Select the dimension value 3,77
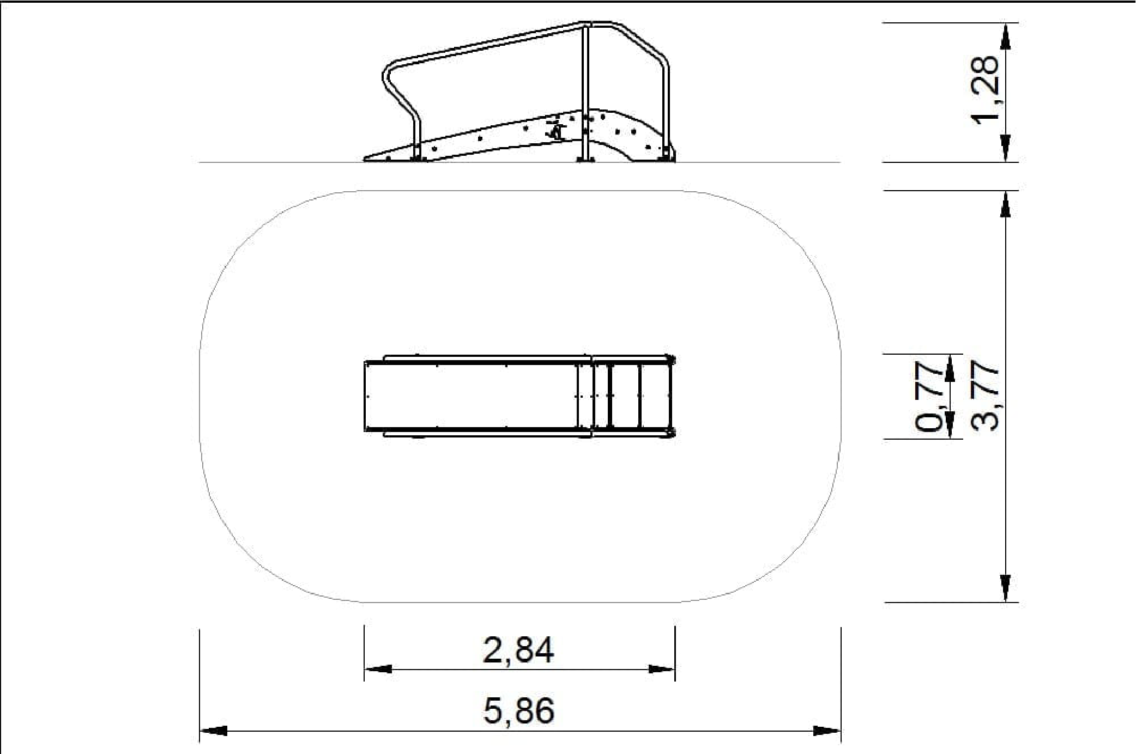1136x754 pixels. click(986, 397)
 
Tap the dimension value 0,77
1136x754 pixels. click(929, 397)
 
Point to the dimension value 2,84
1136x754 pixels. click(518, 649)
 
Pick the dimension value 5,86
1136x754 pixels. click(518, 710)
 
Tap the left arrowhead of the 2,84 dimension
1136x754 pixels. click(378, 669)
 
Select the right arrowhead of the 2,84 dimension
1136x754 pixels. click(661, 669)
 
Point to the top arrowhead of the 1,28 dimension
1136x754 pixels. click(1005, 37)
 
